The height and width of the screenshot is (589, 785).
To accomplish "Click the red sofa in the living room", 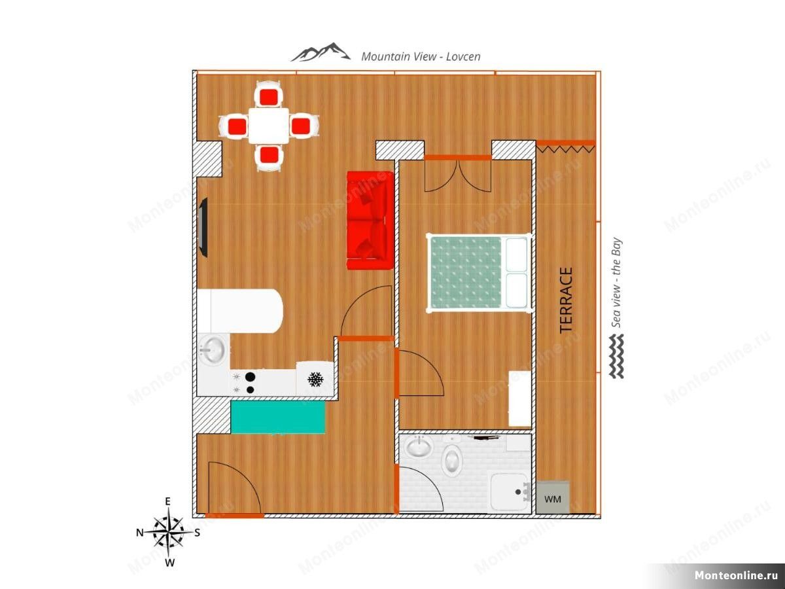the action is click(x=370, y=221).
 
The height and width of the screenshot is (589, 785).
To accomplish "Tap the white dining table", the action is click(x=269, y=126).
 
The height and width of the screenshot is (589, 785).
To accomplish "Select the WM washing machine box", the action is click(x=553, y=498).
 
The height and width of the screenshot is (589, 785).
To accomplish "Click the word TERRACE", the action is click(x=567, y=300).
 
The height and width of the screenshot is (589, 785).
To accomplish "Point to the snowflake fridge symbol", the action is click(x=315, y=379).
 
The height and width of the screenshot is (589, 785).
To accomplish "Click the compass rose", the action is click(x=168, y=532).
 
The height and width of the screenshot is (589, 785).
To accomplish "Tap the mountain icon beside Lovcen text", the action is click(x=320, y=52).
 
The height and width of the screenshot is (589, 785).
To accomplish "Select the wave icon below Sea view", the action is click(x=616, y=356).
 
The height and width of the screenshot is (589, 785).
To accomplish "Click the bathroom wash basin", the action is click(x=417, y=446).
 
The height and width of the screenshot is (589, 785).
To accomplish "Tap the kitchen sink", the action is click(x=212, y=349).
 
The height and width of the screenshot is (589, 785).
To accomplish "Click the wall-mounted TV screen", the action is click(x=203, y=227).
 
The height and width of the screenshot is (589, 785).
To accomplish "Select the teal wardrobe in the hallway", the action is click(x=278, y=417).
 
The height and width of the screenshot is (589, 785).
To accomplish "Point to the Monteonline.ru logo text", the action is click(x=736, y=575).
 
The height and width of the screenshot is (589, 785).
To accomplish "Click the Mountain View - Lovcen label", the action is click(x=421, y=56).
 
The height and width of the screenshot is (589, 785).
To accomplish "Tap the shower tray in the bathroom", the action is click(x=508, y=492).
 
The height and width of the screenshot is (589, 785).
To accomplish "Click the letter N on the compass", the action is click(x=140, y=533).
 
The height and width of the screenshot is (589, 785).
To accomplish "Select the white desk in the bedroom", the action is click(x=519, y=399).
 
